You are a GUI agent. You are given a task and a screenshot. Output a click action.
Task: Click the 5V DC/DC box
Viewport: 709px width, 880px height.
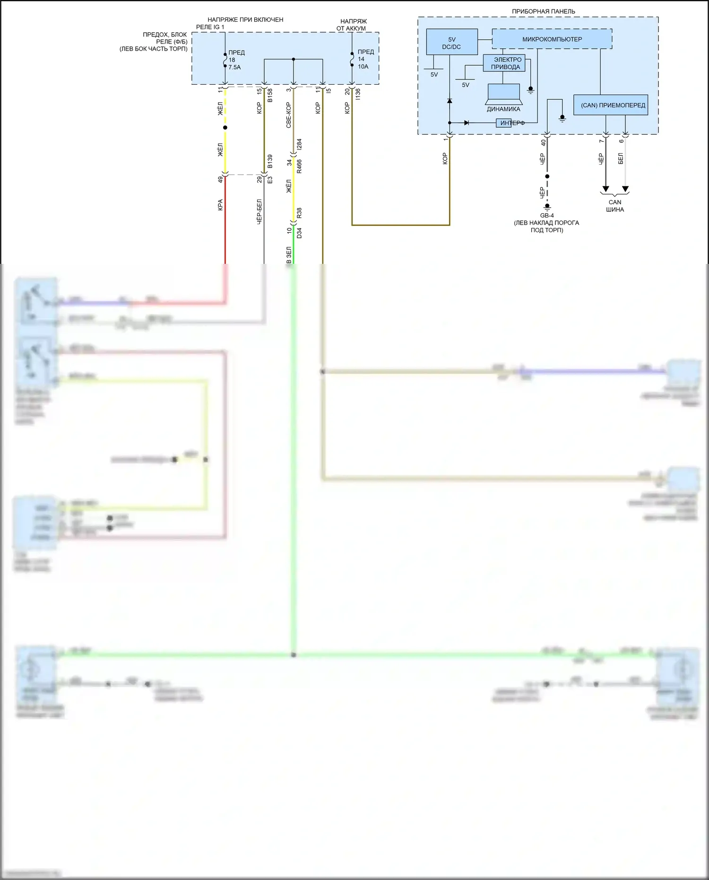[x=451, y=43]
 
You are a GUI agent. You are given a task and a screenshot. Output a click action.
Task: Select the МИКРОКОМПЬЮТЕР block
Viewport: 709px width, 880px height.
[x=552, y=39]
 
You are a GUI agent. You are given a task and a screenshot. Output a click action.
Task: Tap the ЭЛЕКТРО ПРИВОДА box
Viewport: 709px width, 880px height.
[x=504, y=63]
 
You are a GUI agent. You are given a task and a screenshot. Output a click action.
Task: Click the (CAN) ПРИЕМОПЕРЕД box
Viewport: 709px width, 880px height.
[x=613, y=105]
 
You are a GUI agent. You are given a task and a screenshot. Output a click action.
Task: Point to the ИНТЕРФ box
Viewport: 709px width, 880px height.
[x=503, y=123]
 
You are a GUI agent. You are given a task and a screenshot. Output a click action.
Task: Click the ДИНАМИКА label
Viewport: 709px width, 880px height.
[x=503, y=109]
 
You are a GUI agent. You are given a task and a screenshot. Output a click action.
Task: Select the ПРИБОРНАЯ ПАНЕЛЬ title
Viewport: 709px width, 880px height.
[x=543, y=11]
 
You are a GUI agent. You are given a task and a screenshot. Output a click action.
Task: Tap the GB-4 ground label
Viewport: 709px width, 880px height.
[x=547, y=216]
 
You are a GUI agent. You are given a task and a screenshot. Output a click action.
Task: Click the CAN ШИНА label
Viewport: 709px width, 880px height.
[x=615, y=206]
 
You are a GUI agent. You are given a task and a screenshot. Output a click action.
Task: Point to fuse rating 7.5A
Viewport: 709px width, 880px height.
[x=234, y=68]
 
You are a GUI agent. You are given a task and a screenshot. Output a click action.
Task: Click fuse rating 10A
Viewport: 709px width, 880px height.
[x=363, y=67]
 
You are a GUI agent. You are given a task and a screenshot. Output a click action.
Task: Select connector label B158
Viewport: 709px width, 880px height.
[x=270, y=95]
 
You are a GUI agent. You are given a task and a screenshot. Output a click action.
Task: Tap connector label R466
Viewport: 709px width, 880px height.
[x=299, y=166]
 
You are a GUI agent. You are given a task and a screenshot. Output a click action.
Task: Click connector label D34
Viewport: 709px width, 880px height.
[x=299, y=233]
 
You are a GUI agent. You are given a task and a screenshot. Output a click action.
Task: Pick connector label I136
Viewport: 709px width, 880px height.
[x=358, y=94]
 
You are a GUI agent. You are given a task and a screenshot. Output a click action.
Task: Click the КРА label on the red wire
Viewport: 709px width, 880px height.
[x=220, y=205]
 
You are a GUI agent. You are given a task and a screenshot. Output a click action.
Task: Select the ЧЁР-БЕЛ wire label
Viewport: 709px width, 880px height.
[x=259, y=211]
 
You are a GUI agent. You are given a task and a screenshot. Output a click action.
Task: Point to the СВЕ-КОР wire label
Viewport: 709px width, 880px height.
[x=288, y=115]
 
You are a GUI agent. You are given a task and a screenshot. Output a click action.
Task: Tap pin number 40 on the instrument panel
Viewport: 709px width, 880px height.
[x=544, y=142]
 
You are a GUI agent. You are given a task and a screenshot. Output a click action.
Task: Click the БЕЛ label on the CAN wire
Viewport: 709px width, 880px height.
[x=621, y=158]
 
